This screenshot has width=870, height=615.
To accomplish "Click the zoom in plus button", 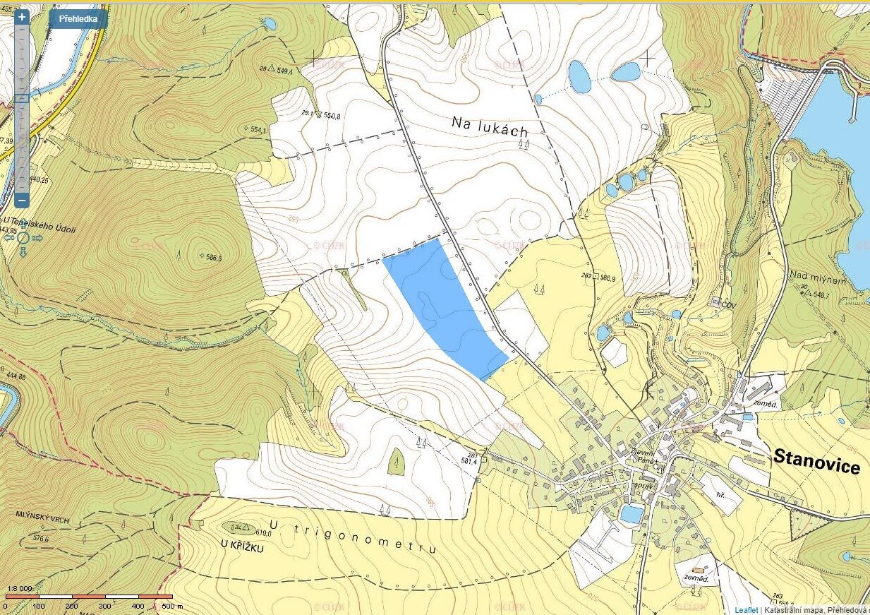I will [22, 17].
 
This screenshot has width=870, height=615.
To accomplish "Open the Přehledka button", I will [78, 19].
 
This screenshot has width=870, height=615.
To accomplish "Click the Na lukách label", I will [489, 127].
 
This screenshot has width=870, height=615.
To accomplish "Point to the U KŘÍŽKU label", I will [241, 547].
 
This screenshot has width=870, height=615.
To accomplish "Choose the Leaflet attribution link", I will [746, 609].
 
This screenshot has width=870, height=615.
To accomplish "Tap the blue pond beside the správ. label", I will [631, 514].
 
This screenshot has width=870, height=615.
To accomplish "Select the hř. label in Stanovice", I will [720, 496].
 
